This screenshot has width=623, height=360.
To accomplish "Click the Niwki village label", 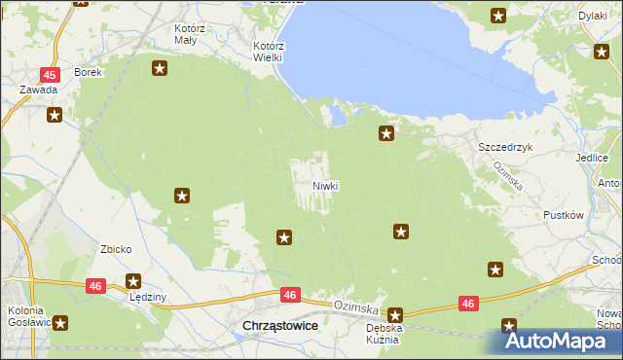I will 325,186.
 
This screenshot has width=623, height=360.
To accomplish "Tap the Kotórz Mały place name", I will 185,35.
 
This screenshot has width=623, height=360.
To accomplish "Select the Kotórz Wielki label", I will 268,52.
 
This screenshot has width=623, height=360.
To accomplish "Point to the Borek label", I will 89,73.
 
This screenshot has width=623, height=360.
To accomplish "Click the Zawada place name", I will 39,90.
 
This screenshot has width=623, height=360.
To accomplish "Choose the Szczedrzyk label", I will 505,146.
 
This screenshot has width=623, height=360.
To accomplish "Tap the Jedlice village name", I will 592,158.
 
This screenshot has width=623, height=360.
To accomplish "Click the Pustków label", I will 563,215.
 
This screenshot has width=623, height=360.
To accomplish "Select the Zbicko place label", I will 116,249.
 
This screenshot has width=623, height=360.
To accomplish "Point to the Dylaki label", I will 592,17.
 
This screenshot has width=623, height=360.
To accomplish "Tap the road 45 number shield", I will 50,74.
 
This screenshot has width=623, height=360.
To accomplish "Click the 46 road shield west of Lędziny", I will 94,286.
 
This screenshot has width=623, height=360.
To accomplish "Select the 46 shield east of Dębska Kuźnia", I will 468,304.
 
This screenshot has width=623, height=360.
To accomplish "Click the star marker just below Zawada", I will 55,115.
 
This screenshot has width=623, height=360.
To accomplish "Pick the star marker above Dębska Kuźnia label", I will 395,315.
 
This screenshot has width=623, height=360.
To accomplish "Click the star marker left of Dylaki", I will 498,16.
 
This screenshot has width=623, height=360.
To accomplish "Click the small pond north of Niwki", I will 337,118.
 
